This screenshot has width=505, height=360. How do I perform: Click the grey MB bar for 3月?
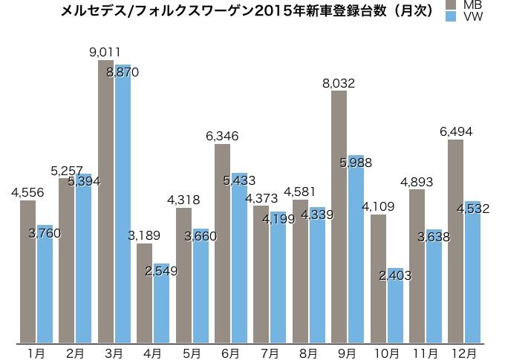106,200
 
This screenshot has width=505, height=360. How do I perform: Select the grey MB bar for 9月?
339,215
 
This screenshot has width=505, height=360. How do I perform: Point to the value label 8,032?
339,83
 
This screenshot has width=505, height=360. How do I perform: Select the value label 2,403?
394,275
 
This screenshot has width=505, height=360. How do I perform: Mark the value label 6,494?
456,131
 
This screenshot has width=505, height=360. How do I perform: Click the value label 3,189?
142,236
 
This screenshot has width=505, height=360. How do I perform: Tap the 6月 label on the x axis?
230,353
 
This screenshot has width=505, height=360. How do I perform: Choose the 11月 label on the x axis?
425,353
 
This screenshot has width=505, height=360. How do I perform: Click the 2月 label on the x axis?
75,353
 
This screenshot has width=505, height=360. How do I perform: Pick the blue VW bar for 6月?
239,260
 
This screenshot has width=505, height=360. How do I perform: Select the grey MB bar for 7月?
261,275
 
